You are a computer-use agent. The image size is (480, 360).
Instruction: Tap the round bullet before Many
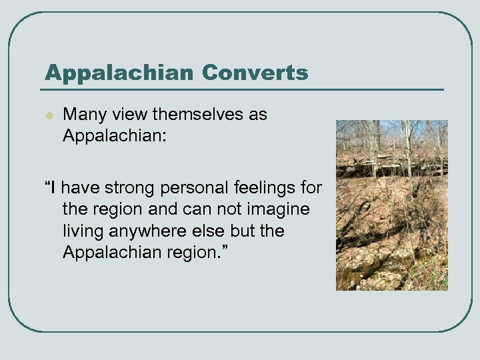48,115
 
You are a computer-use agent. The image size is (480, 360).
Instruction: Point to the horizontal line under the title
240,89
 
